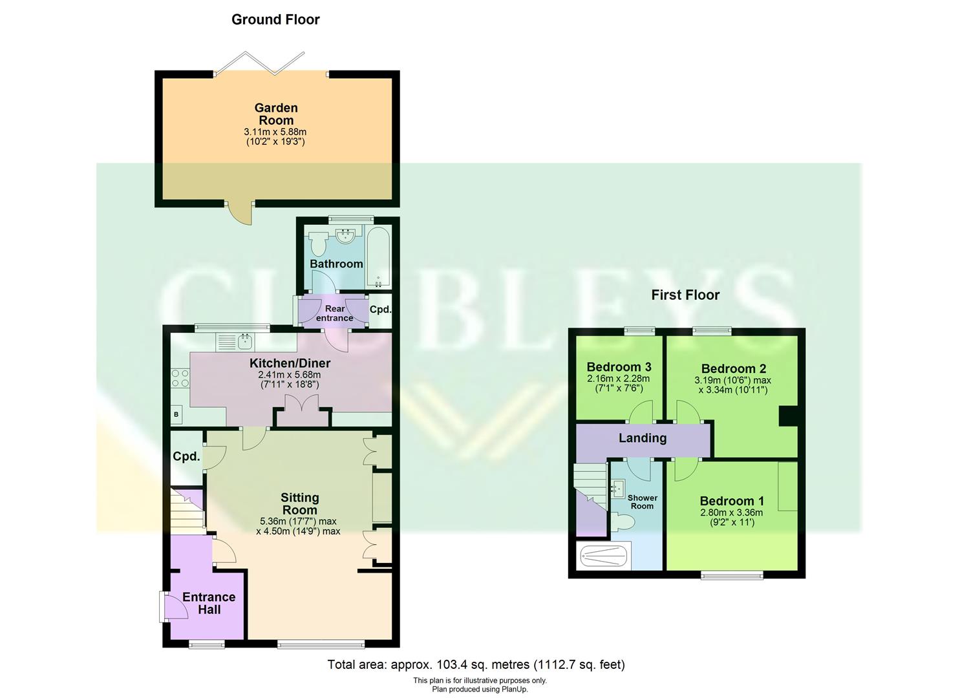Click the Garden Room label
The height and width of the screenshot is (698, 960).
point(276,114)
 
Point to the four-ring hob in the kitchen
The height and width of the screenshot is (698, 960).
point(180,378)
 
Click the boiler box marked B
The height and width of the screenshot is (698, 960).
point(176,414)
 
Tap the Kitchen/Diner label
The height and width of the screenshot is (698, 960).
point(290,363)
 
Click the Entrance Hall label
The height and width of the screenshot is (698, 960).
point(209,603)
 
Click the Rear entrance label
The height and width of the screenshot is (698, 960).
point(334,313)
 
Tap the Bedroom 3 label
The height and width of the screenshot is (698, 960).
point(619,367)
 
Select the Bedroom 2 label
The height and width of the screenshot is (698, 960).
point(733,368)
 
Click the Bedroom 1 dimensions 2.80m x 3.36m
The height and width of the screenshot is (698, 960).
point(732,513)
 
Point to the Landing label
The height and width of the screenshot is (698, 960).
point(642,438)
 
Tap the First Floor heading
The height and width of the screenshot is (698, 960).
point(685,295)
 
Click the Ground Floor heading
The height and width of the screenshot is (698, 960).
point(275,20)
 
